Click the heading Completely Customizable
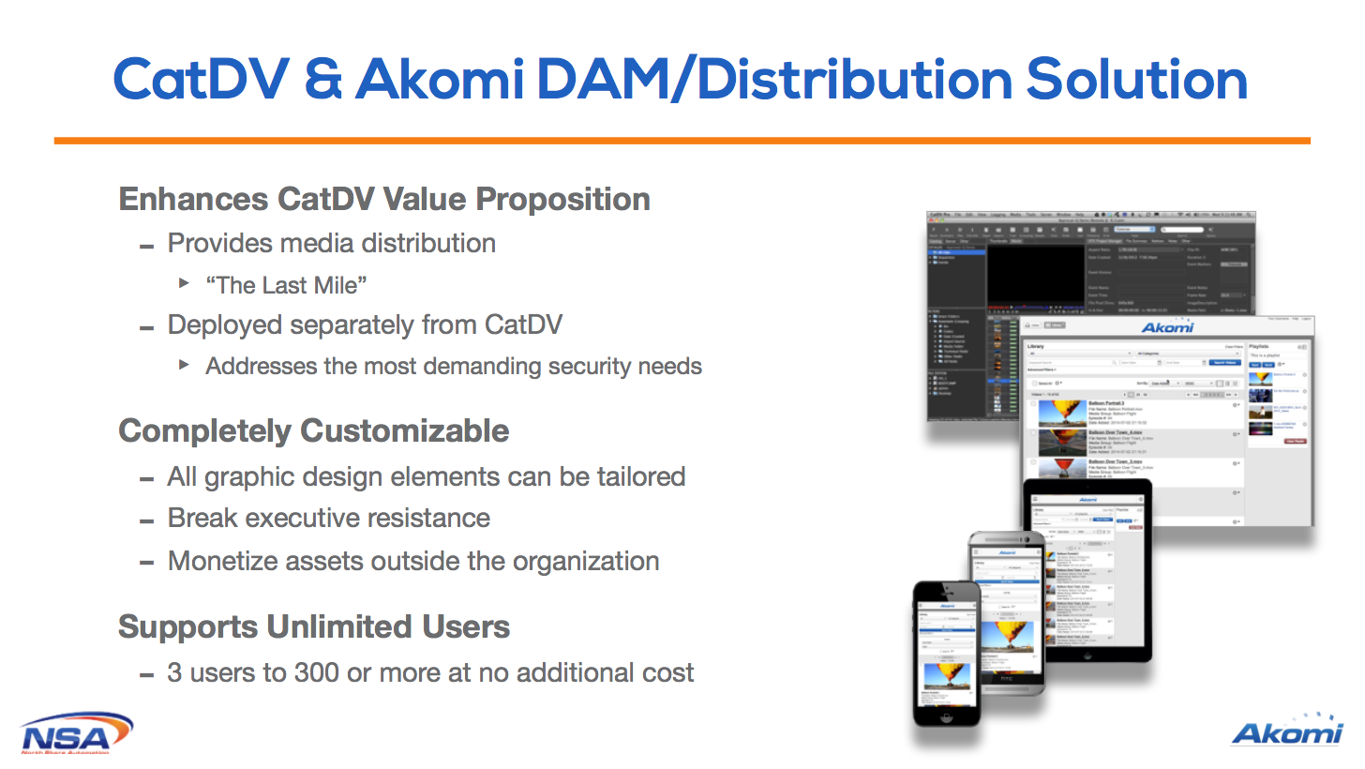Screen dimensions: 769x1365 point(314,431)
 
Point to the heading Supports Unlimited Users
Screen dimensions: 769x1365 point(314,626)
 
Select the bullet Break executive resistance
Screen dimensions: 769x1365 point(328,519)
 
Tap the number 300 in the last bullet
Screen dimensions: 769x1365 point(317,673)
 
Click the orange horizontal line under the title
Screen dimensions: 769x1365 point(682,141)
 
